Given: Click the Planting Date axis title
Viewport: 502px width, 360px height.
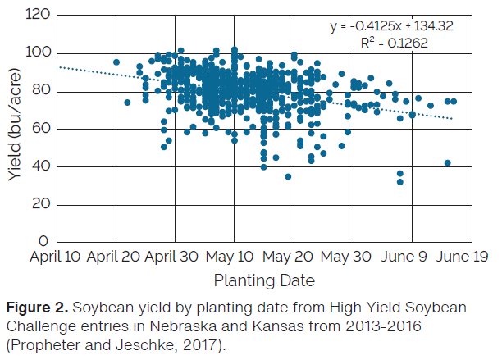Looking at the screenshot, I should pos(263,280).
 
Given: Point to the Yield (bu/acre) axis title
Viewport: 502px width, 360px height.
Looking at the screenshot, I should pos(16,129).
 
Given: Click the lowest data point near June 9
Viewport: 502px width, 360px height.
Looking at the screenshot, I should pos(400,181).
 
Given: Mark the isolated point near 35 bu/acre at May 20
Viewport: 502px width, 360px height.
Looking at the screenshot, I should pos(288,176).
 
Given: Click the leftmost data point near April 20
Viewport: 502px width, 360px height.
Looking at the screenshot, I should pos(116,62).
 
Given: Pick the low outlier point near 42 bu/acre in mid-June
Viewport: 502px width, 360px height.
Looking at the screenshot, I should pos(448,163).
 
